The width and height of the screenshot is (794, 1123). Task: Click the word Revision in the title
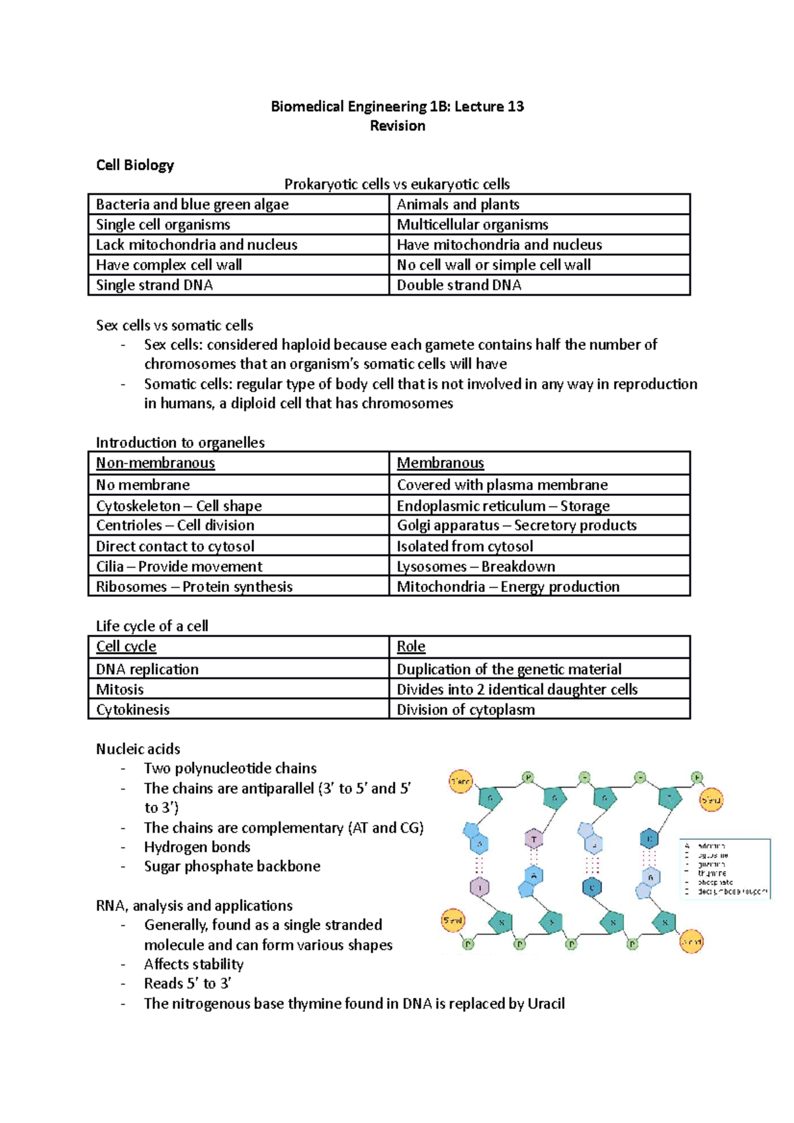pyautogui.click(x=397, y=126)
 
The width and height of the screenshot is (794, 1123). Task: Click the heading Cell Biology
pyautogui.click(x=135, y=165)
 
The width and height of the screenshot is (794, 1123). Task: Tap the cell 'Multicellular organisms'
pyautogui.click(x=472, y=225)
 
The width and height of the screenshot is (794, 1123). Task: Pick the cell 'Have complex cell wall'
pyautogui.click(x=169, y=265)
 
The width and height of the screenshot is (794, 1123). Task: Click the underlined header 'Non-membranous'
pyautogui.click(x=155, y=463)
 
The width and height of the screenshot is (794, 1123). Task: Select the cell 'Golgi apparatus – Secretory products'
pyautogui.click(x=516, y=525)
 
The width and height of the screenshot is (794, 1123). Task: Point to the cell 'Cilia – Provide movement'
pyautogui.click(x=179, y=567)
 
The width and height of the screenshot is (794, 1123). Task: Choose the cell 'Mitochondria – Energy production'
pyautogui.click(x=508, y=587)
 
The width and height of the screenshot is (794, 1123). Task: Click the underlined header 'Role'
pyautogui.click(x=411, y=647)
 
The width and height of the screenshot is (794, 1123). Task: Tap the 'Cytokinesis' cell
pyautogui.click(x=133, y=710)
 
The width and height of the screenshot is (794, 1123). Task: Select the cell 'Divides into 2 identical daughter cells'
pyautogui.click(x=517, y=689)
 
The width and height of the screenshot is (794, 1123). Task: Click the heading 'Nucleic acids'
pyautogui.click(x=138, y=749)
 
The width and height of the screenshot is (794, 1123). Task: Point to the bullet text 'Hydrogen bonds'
pyautogui.click(x=197, y=847)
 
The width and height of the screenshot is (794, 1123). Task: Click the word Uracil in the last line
pyautogui.click(x=546, y=1004)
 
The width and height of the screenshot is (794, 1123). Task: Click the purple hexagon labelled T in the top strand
pyautogui.click(x=534, y=839)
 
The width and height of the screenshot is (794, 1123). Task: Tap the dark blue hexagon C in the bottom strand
pyautogui.click(x=592, y=887)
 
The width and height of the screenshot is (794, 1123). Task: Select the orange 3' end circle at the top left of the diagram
pyautogui.click(x=461, y=781)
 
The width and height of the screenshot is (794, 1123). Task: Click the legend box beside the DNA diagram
pyautogui.click(x=725, y=868)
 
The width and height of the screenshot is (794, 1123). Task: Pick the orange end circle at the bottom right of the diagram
pyautogui.click(x=691, y=941)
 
